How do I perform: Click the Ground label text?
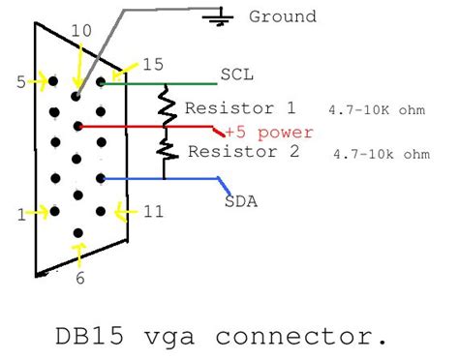[x=283, y=16]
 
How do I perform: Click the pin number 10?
[x=82, y=31]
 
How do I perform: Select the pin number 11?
[x=152, y=209]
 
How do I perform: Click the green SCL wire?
[x=155, y=83]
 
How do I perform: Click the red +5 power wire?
[x=145, y=127]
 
